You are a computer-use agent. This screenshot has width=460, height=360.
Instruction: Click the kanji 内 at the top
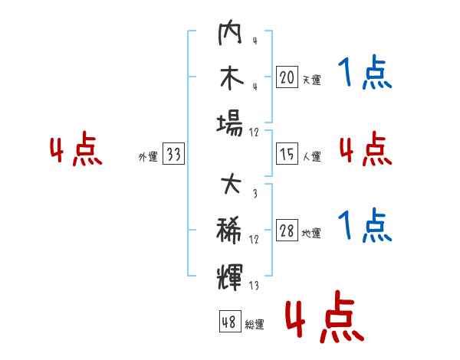coord(230,32)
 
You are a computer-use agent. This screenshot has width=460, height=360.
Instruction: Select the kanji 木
coord(232,77)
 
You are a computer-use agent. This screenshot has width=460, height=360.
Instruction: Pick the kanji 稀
coord(229,231)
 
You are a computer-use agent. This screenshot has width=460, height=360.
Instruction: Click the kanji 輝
coord(230,277)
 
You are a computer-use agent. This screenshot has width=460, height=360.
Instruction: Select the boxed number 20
coord(287,77)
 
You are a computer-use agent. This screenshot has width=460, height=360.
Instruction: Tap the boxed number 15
coord(287,154)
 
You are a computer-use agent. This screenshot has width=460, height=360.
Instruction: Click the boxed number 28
coord(287,230)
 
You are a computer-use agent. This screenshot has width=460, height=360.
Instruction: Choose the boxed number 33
coord(173,153)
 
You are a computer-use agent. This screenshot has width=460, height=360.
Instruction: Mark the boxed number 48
coord(230,321)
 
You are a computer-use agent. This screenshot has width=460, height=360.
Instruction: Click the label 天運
coord(311,80)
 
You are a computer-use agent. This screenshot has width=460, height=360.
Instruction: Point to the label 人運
coord(312,156)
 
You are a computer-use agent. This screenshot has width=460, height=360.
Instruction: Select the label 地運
coord(311,233)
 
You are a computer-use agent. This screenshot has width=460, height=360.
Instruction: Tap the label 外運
coord(148,157)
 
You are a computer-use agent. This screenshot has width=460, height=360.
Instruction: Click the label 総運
coord(255,325)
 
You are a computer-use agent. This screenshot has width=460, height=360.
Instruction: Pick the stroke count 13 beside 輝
coord(254,285)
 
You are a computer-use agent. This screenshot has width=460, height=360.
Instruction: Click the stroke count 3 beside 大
coord(255,193)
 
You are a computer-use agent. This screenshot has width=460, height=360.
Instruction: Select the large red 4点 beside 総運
coord(324,316)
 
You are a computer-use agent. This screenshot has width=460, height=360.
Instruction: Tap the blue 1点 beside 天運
coord(365,72)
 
